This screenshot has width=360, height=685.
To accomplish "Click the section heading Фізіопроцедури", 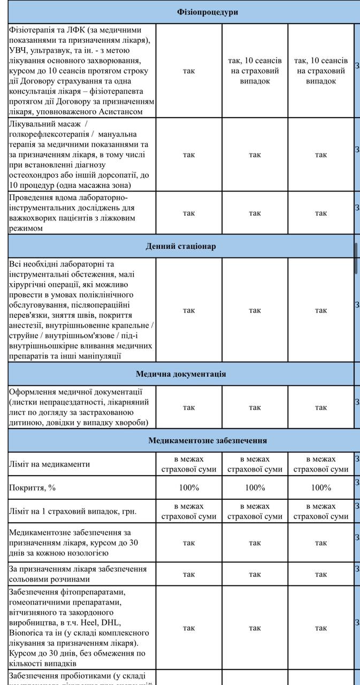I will (208, 12).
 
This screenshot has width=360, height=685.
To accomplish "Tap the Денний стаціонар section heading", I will (180, 246).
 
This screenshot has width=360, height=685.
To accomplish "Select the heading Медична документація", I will (180, 374).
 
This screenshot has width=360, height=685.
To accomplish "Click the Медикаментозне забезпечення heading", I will (208, 440).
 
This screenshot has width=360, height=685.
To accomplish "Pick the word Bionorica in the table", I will (26, 633).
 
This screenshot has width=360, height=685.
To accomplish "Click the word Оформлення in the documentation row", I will (34, 392).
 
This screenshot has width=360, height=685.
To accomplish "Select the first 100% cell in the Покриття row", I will (189, 488).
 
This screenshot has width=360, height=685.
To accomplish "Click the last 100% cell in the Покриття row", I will (321, 488).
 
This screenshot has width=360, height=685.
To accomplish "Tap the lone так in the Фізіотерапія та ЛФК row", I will (189, 71).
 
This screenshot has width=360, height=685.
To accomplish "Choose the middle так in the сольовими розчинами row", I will (255, 574).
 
